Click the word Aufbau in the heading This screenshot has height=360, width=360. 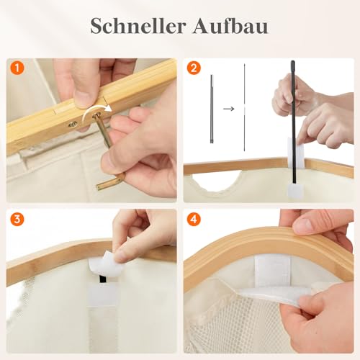(231, 26)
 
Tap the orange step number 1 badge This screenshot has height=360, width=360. (17, 70)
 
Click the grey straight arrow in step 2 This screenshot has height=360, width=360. (228, 109)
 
